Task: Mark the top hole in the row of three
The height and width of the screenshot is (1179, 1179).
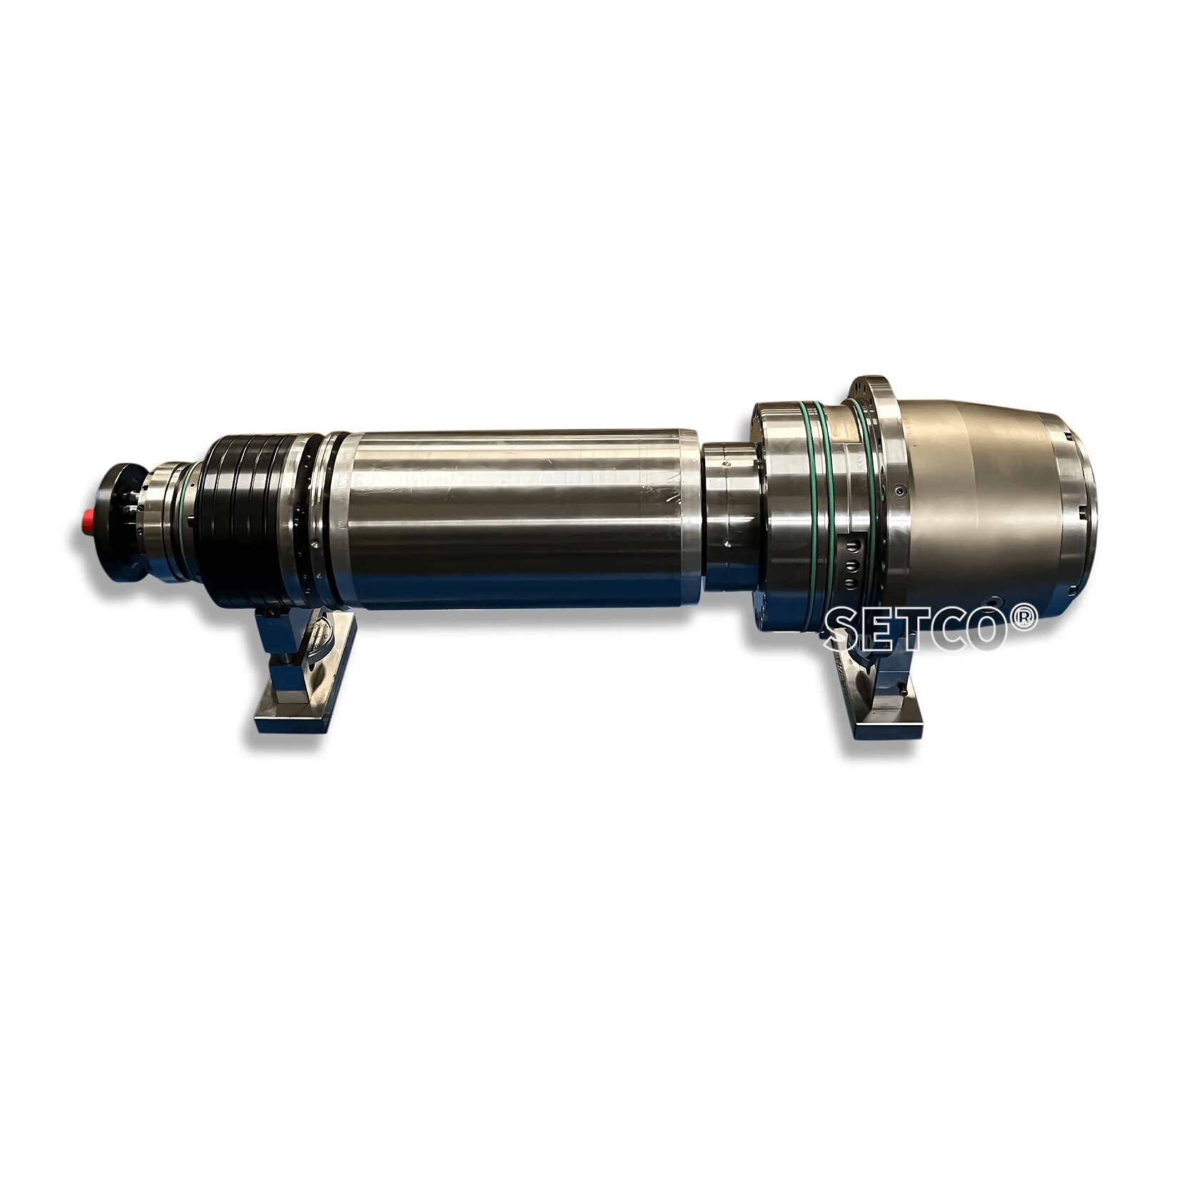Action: pyautogui.click(x=851, y=547)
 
